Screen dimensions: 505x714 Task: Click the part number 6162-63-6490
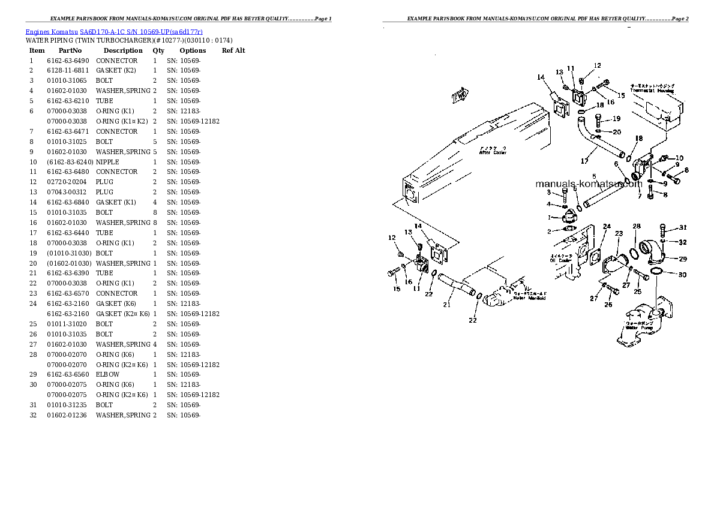click(x=68, y=61)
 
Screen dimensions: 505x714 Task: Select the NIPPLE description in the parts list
click(x=107, y=162)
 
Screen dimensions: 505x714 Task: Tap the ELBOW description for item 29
click(x=107, y=374)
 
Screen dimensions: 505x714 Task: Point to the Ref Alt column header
click(x=233, y=50)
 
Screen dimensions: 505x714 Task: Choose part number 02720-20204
click(x=68, y=182)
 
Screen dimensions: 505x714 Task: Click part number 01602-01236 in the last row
click(x=68, y=415)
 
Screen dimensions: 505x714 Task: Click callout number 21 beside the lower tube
click(x=446, y=305)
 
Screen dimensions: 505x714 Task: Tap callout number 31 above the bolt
click(x=682, y=227)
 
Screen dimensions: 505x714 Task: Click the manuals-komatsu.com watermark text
click(x=588, y=184)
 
